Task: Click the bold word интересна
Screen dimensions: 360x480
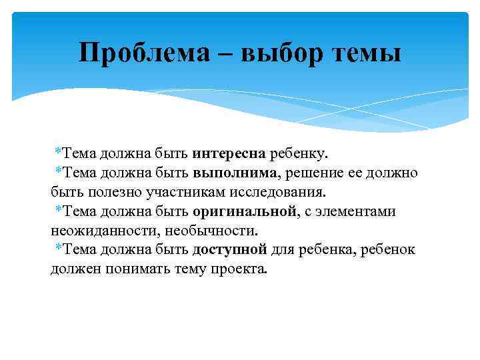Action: tap(229, 154)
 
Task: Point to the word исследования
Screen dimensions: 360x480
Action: tap(286, 193)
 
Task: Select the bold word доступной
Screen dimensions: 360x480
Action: tap(229, 250)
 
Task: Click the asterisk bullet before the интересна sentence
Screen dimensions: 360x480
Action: tap(59, 153)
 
